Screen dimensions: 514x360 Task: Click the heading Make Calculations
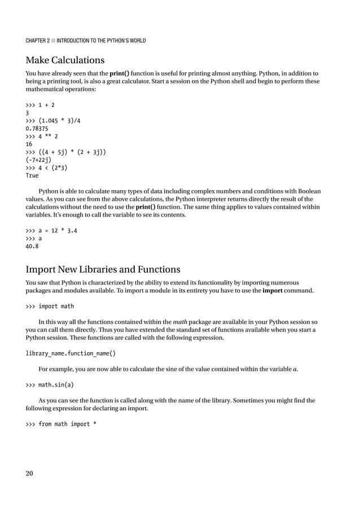click(x=65, y=60)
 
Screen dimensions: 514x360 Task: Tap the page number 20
click(x=29, y=473)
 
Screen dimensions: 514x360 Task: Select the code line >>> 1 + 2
click(x=40, y=104)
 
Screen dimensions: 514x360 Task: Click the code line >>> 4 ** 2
click(x=42, y=136)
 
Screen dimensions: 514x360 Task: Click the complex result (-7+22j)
click(x=38, y=160)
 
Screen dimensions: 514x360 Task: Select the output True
click(x=32, y=175)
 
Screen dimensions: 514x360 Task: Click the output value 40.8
click(x=32, y=247)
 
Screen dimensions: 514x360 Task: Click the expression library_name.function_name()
click(x=71, y=354)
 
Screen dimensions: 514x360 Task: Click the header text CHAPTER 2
click(x=41, y=40)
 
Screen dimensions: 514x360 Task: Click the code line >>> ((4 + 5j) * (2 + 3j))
click(x=67, y=152)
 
